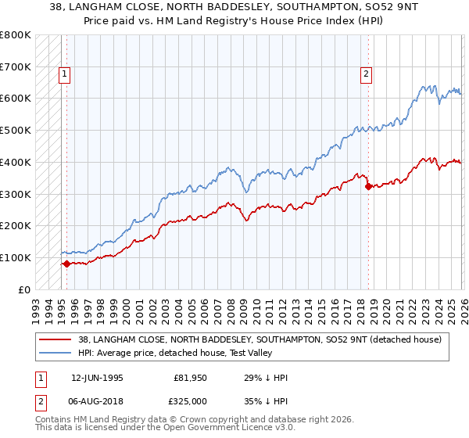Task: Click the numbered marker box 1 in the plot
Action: [x=65, y=75]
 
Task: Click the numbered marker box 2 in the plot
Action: [x=366, y=75]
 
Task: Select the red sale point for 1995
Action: [x=66, y=264]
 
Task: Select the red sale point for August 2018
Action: [x=367, y=186]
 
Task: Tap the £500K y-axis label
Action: [x=16, y=131]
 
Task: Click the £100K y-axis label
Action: [x=16, y=257]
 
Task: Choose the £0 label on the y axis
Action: [x=24, y=289]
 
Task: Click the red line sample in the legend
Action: [x=55, y=339]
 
